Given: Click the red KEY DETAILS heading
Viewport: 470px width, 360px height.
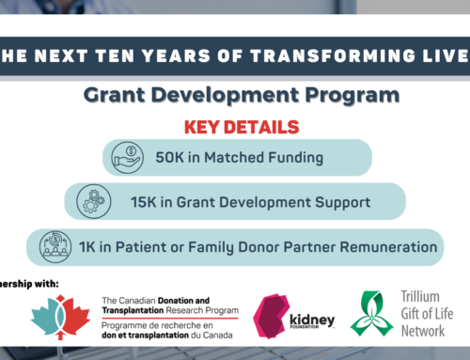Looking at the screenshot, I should [x=234, y=126].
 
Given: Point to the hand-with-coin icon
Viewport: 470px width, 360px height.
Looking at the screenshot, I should [x=127, y=155].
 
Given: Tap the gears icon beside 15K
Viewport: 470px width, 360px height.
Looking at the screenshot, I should [x=89, y=201].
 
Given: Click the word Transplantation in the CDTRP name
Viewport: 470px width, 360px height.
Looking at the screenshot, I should [x=135, y=314].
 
